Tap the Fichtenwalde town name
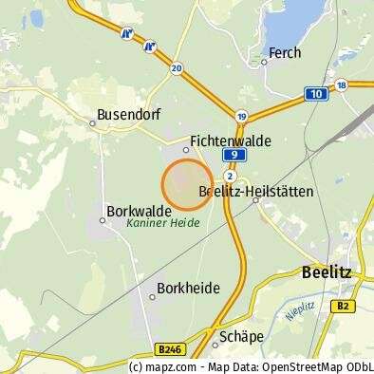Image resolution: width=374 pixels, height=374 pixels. click(x=231, y=140)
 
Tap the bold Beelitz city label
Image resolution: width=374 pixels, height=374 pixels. click(x=326, y=271)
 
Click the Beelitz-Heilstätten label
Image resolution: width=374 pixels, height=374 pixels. click(x=256, y=191)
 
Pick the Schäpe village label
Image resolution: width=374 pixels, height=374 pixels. click(x=240, y=335)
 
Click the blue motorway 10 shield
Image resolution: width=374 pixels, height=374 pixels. click(x=315, y=94)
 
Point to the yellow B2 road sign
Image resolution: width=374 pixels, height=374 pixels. click(x=344, y=306)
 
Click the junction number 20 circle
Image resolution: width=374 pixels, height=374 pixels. click(x=177, y=68)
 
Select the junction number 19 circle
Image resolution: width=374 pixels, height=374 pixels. click(x=242, y=116)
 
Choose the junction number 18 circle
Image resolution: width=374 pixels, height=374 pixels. click(x=342, y=84)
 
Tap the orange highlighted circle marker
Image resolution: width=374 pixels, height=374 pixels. click(x=187, y=184)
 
